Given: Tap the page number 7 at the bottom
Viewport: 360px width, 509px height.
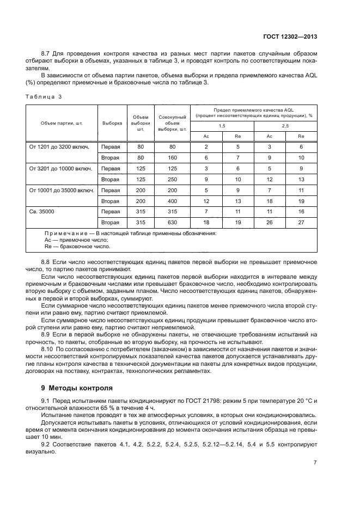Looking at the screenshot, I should point(315,462).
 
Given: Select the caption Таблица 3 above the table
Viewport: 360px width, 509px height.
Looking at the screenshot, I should point(44,96).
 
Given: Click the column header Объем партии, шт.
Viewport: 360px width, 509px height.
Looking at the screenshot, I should point(61,123).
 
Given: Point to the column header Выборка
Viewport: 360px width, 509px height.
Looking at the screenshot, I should point(112,123).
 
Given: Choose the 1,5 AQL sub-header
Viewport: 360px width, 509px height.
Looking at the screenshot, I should point(222,126).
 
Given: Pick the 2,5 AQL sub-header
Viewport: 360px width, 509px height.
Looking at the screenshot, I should point(285,126).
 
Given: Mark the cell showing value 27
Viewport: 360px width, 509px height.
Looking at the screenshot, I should point(301,222).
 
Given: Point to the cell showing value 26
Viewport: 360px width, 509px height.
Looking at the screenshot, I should point(269,222).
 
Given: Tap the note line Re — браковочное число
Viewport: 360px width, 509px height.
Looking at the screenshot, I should point(77,246).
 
